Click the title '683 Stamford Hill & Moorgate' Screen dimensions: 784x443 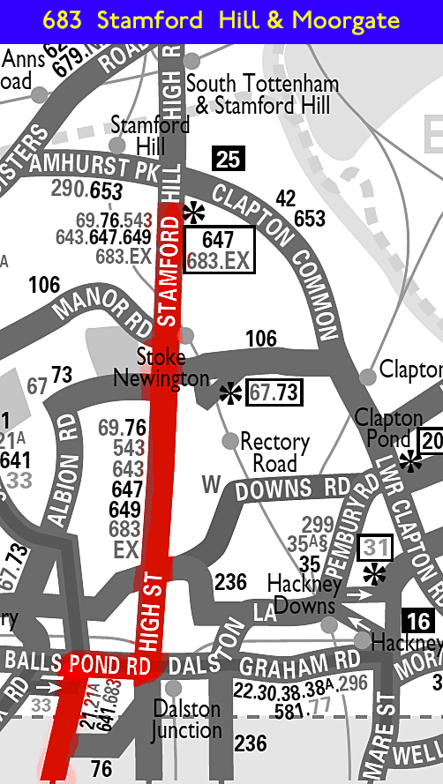point(221,19)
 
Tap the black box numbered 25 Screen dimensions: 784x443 point(229,160)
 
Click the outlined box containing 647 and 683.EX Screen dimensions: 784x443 point(218,250)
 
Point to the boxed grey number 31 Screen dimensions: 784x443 point(375,548)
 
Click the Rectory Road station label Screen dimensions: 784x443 point(274,451)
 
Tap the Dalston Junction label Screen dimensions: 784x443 point(187,719)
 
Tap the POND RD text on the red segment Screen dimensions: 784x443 point(111,664)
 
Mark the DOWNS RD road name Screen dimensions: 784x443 point(299,489)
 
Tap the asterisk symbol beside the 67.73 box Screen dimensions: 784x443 point(230,392)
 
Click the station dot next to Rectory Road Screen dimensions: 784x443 point(230,440)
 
